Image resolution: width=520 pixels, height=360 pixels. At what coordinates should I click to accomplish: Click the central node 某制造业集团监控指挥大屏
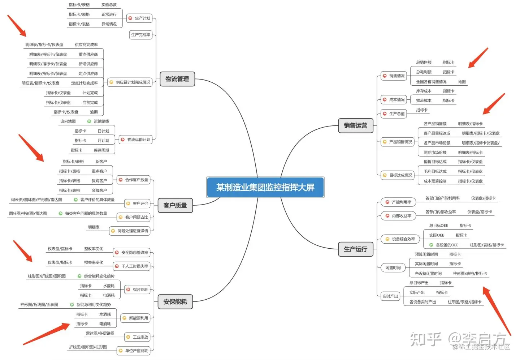pos(265,187)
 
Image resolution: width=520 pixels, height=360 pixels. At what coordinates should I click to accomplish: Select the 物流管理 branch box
pos(177,79)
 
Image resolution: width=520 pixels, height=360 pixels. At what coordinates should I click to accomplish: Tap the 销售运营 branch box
pos(355,125)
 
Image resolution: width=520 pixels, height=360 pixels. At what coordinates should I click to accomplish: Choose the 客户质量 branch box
pos(175,205)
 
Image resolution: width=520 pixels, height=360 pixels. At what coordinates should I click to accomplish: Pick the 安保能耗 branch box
pos(175,301)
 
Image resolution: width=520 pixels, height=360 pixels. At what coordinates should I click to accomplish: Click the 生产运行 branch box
pos(355,249)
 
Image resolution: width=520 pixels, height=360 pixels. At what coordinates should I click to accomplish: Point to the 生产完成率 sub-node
pos(140,35)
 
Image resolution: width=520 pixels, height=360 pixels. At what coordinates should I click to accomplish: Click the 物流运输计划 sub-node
pos(136,140)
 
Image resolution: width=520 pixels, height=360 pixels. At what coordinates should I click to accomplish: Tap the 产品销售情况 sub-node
pos(398,142)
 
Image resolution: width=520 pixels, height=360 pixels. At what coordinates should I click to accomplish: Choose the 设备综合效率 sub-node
pos(400,239)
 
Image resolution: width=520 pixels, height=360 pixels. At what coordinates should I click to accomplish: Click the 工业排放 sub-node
pos(138,337)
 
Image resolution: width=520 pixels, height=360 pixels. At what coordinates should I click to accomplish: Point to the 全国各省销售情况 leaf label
pos(431,82)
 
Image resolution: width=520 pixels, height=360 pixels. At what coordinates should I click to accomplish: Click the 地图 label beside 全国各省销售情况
pos(462,82)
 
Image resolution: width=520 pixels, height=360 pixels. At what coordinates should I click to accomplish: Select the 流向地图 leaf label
pos(68,121)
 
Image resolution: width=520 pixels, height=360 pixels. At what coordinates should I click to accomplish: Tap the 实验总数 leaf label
pos(109,5)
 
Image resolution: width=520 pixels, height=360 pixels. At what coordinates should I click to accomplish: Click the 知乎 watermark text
pos(426,339)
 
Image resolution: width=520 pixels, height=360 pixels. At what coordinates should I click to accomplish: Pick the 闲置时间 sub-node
pos(393,268)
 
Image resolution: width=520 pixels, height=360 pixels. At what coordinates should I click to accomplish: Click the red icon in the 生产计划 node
pos(130,18)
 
